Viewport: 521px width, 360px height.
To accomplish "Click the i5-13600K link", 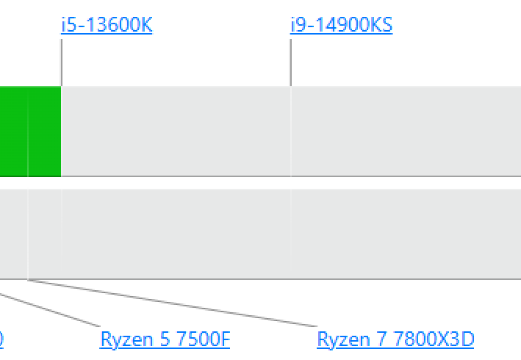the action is coord(107,25).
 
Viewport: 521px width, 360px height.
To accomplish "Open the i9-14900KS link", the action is coord(341,25).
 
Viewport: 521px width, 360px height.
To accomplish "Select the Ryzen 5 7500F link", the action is coord(165,339).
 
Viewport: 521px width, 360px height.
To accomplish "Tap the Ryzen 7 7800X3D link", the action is coord(395,339).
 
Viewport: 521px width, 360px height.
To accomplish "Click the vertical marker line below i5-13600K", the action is coord(62,62).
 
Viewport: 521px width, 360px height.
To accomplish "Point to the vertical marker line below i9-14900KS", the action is coord(291,62).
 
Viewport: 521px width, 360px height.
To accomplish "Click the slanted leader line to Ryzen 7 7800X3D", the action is coord(172,303).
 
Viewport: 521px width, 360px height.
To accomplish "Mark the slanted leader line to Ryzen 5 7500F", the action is coord(50,310).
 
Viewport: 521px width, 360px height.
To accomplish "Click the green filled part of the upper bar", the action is coord(31,132).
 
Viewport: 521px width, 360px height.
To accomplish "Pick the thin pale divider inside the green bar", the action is coord(28,132).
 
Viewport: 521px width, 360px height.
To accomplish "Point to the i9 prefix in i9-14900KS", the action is coord(298,25).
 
